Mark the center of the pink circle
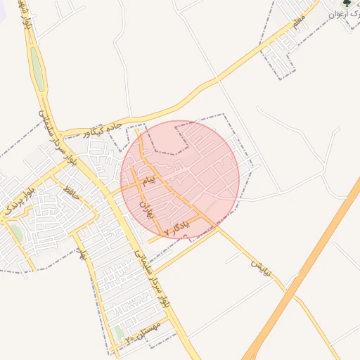180,179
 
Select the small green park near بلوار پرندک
15,233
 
